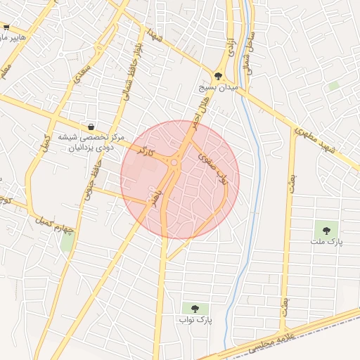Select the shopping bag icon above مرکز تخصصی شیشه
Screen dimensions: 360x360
91,127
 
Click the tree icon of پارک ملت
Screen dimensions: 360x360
325,229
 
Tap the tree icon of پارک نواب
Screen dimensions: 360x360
195,308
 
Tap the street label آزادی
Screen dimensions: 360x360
229,47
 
